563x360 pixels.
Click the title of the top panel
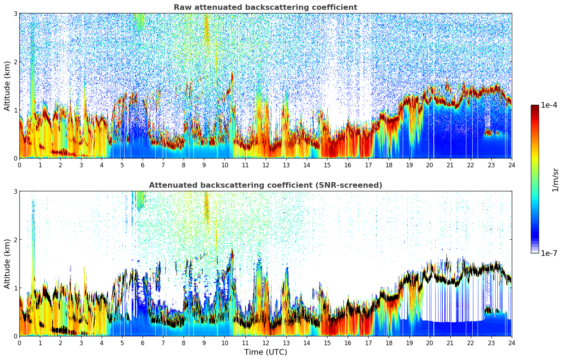coord(265,7)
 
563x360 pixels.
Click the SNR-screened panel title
coord(265,185)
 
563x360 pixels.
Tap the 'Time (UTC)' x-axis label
coord(265,352)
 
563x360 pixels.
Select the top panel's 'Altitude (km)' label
coord(7,86)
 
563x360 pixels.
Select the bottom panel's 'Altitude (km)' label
coord(7,264)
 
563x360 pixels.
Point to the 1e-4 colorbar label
coord(549,105)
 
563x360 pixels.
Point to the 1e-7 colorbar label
coord(549,253)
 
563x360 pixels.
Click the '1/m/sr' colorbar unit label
coord(555,180)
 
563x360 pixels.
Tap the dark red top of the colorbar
coord(534,107)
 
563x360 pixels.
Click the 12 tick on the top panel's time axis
coord(265,165)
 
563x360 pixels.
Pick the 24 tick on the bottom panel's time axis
coord(511,343)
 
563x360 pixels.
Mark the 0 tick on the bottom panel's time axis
coord(19,343)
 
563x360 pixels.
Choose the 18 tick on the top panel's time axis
coord(389,165)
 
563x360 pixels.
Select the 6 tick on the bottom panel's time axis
coord(143,343)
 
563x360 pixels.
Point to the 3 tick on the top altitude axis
coord(15,13)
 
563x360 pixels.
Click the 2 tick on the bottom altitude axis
coord(15,240)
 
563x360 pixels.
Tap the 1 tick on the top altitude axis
coord(15,110)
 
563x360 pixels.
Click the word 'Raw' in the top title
coord(181,7)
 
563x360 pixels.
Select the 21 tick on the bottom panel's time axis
coord(450,343)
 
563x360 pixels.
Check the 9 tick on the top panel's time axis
coord(204,165)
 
